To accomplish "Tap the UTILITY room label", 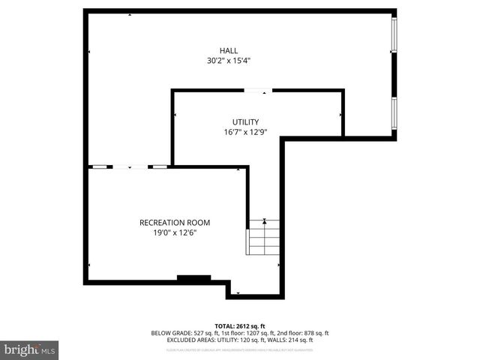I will [x=245, y=121].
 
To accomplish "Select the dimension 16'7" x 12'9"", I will [x=245, y=131].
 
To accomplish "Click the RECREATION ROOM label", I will [x=175, y=223].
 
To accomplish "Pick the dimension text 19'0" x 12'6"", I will [x=175, y=232].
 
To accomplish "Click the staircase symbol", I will [x=263, y=238].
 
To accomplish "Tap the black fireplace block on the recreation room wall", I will [x=193, y=279].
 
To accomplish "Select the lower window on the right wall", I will [x=394, y=114].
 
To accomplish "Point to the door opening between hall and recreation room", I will [x=129, y=166].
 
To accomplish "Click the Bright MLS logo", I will [x=30, y=349].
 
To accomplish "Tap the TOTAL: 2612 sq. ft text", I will [x=240, y=325].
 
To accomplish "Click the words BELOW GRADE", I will [x=169, y=333].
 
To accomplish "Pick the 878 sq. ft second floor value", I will [x=312, y=333].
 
